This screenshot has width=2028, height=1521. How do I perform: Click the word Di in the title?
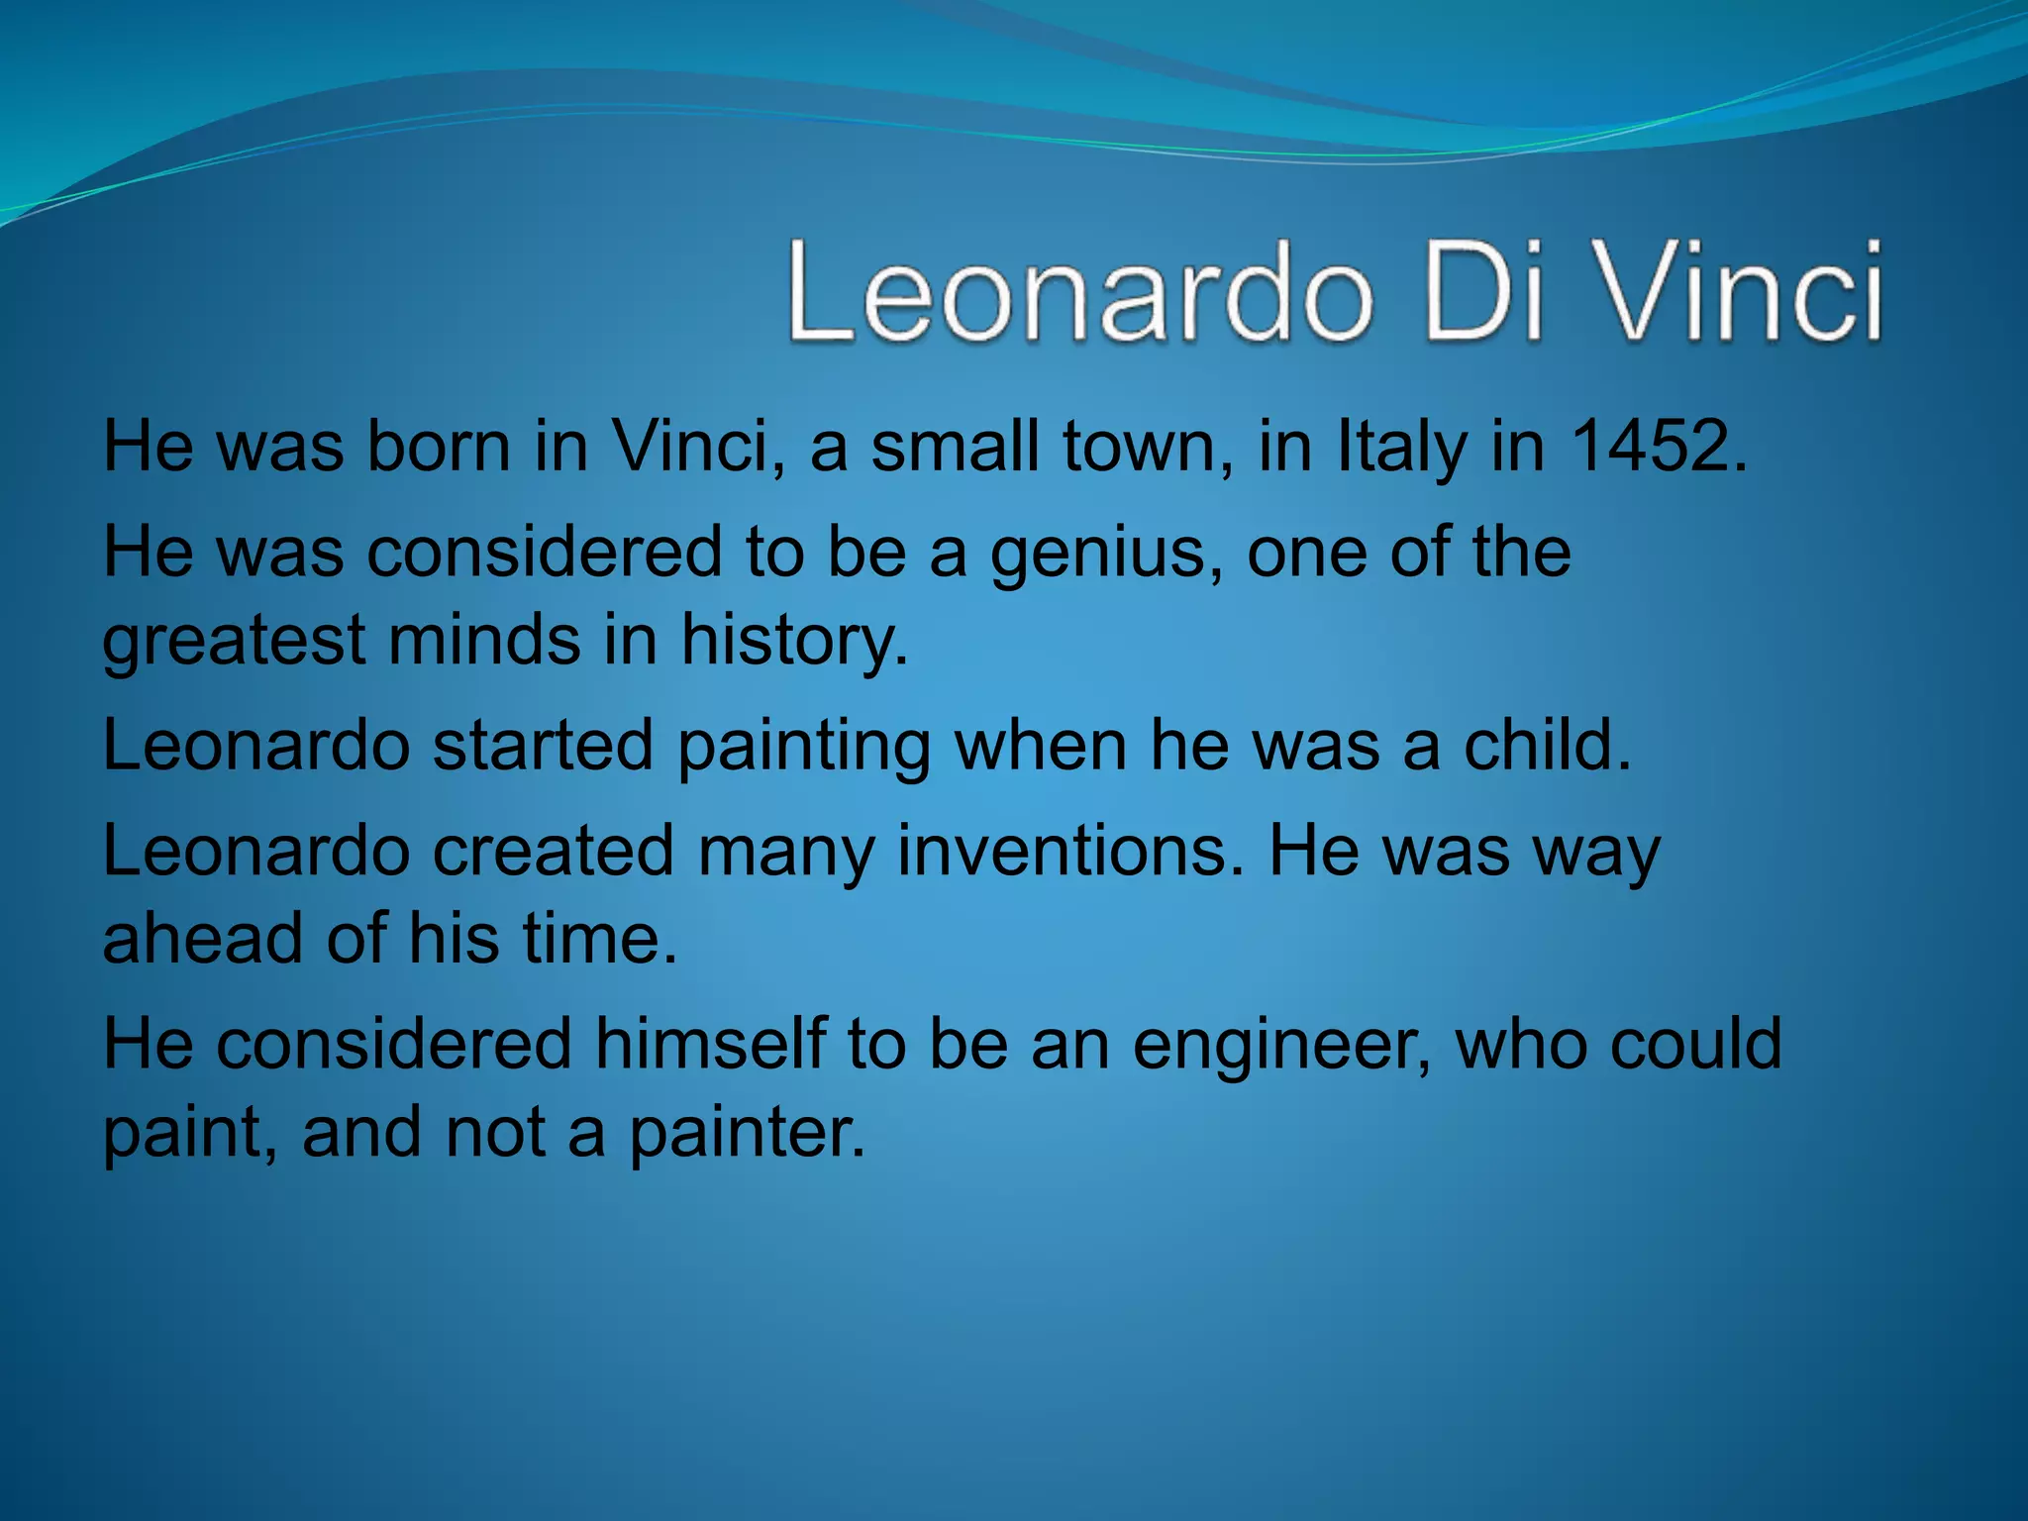1482,294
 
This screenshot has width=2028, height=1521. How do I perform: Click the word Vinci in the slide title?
1739,294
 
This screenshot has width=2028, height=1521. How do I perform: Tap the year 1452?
1657,447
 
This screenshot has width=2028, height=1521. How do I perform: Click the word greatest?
234,641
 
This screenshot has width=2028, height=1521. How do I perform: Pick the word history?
792,641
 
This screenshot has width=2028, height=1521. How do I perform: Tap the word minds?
484,641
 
